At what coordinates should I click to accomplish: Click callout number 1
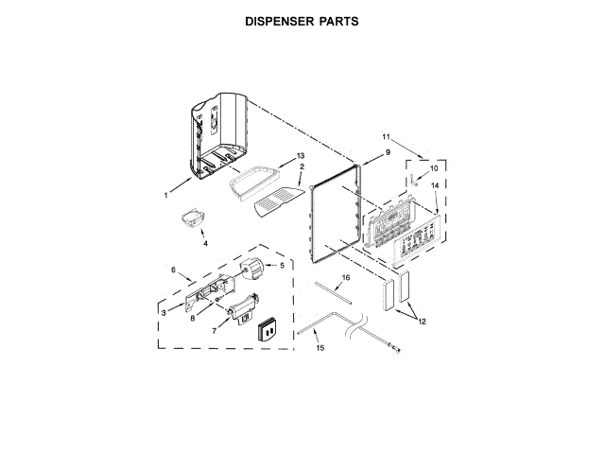coord(165,196)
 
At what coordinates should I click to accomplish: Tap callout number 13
coord(301,155)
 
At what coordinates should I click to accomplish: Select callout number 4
coord(205,243)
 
